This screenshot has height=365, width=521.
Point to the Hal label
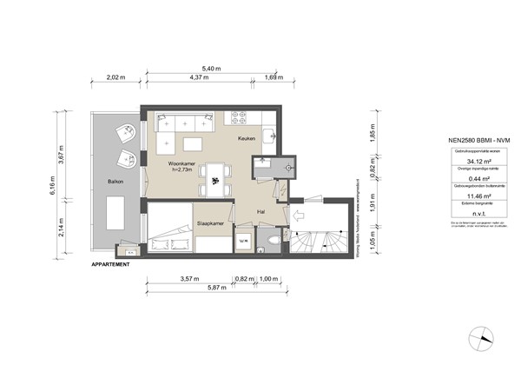tap(260, 211)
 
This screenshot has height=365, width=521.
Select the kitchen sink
tap(272, 136)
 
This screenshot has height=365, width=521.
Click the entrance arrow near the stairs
tap(297, 216)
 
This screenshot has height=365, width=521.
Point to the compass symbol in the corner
tap(479, 338)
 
